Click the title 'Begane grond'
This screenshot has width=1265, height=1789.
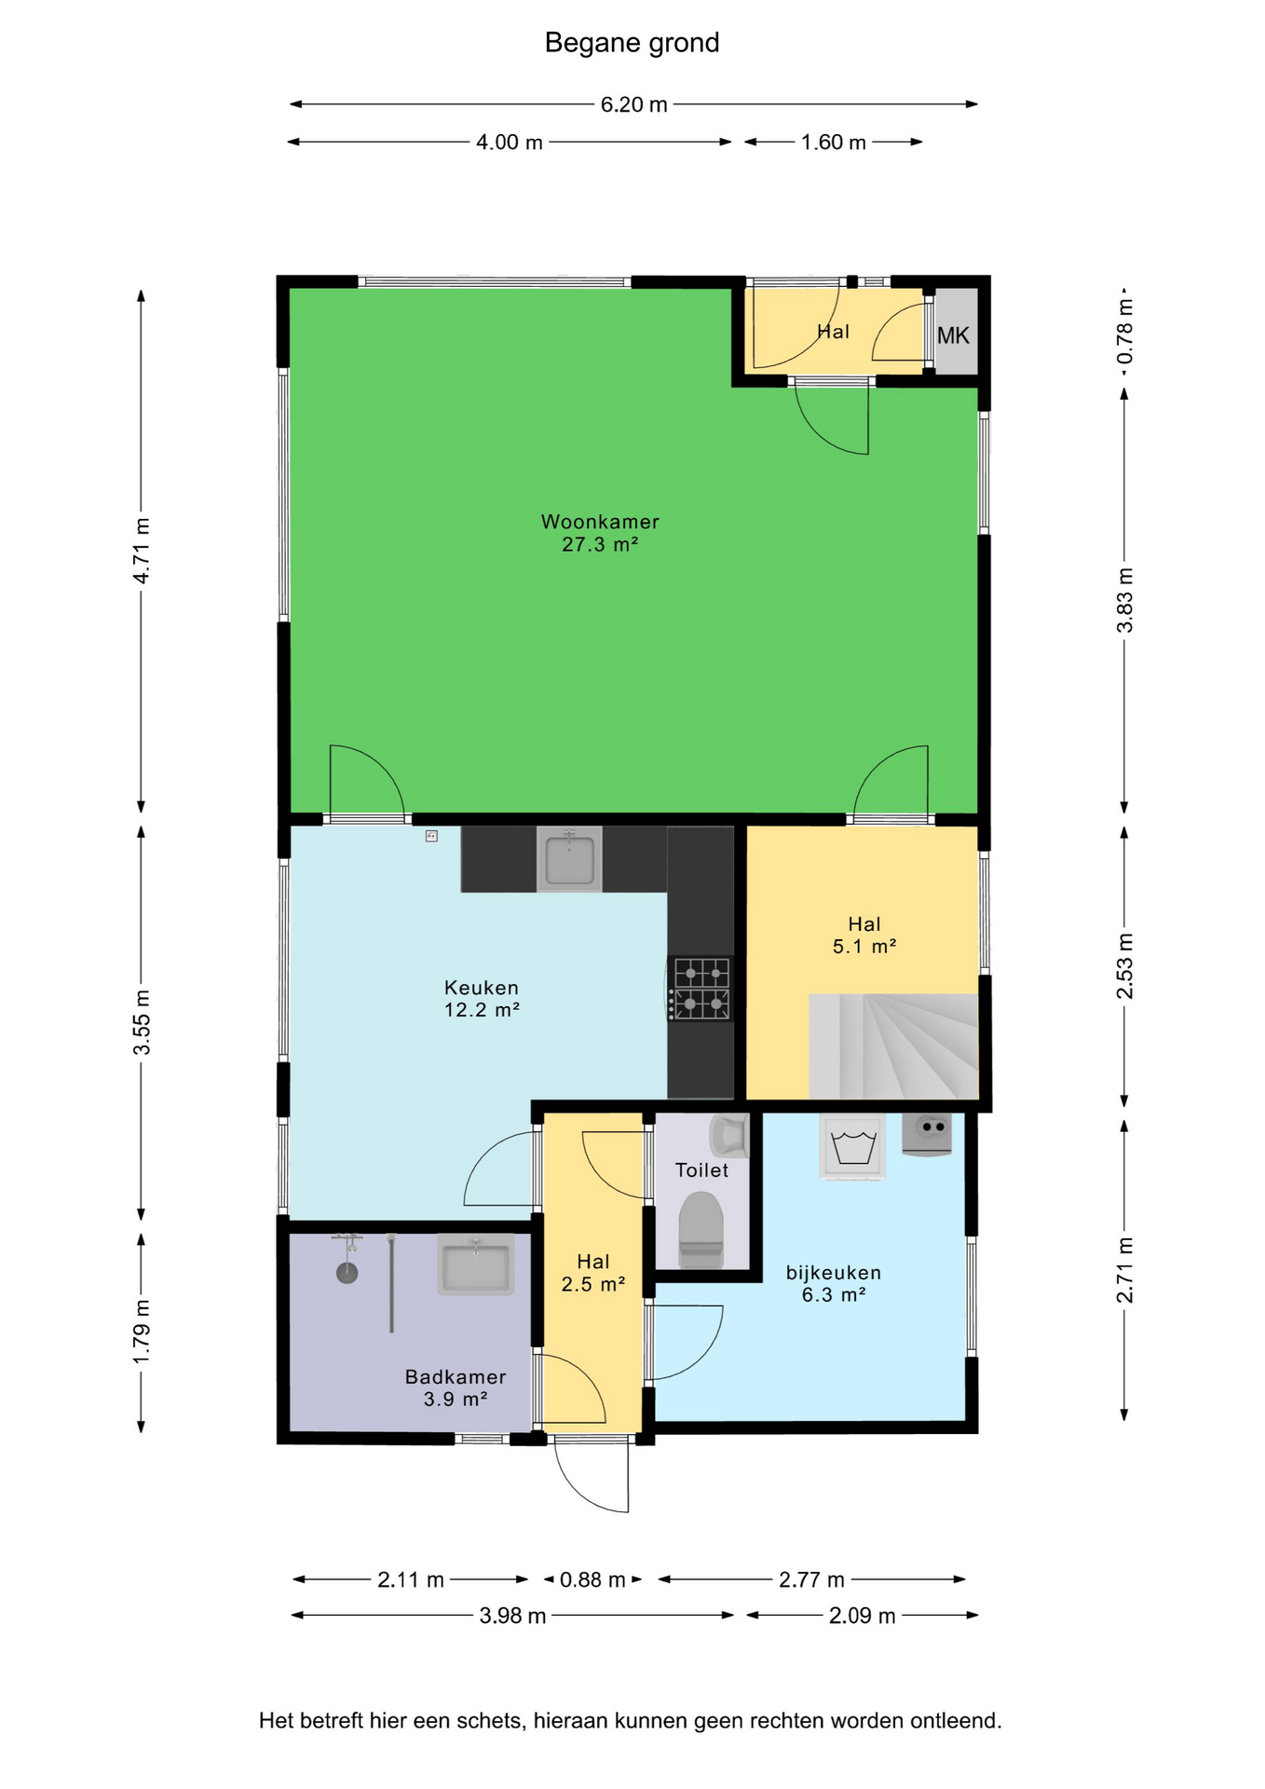click(632, 43)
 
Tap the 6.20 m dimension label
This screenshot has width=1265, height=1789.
click(633, 104)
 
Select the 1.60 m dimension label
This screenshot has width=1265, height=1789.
click(834, 143)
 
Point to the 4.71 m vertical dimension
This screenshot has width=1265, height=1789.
click(142, 551)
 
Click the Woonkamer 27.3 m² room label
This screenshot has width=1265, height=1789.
click(600, 533)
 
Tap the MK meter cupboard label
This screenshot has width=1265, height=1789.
click(953, 335)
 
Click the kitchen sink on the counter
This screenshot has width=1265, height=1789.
click(569, 859)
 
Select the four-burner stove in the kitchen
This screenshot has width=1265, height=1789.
click(701, 989)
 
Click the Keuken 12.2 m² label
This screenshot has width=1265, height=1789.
click(482, 999)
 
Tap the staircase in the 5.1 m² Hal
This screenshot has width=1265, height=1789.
click(893, 1046)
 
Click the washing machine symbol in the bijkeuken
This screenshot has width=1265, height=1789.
click(852, 1147)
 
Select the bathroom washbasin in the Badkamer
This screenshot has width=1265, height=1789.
click(476, 1264)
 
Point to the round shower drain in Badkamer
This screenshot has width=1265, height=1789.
click(347, 1273)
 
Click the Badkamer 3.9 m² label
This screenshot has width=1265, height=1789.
click(456, 1387)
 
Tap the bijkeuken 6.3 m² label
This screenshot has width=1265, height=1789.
click(834, 1283)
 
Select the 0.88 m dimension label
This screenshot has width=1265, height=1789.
click(592, 1579)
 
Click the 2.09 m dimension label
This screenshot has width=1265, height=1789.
click(862, 1616)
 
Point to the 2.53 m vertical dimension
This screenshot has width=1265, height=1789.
click(1125, 965)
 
